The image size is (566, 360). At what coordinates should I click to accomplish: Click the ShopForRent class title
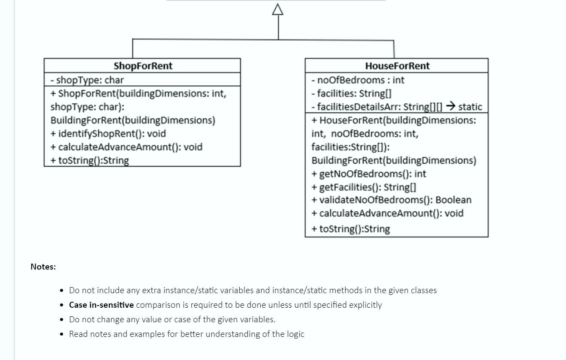[143, 66]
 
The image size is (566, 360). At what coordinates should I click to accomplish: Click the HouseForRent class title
[397, 66]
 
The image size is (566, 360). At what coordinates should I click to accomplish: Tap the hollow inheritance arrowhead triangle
[278, 10]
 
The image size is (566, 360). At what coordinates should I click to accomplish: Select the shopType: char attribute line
[87, 80]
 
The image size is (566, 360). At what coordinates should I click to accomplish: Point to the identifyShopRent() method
[108, 134]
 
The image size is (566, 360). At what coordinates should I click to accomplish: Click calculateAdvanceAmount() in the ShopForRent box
[126, 147]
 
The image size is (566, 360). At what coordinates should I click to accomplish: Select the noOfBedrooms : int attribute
[358, 80]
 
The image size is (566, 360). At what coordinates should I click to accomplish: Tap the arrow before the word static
[450, 106]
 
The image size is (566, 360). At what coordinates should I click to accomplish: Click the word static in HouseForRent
[470, 107]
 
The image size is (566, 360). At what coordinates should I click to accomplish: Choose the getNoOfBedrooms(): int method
[369, 174]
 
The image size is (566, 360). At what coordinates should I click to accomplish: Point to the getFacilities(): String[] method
[364, 187]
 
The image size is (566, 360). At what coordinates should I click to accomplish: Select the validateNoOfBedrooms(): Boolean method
[391, 200]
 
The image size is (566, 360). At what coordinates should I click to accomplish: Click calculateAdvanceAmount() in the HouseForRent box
[387, 213]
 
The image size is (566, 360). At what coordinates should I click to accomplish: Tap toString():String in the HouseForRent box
[351, 229]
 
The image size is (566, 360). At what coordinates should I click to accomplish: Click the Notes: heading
[43, 267]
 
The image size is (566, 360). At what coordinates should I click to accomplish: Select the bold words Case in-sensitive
[101, 305]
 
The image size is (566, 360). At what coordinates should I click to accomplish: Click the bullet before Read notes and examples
[62, 334]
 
